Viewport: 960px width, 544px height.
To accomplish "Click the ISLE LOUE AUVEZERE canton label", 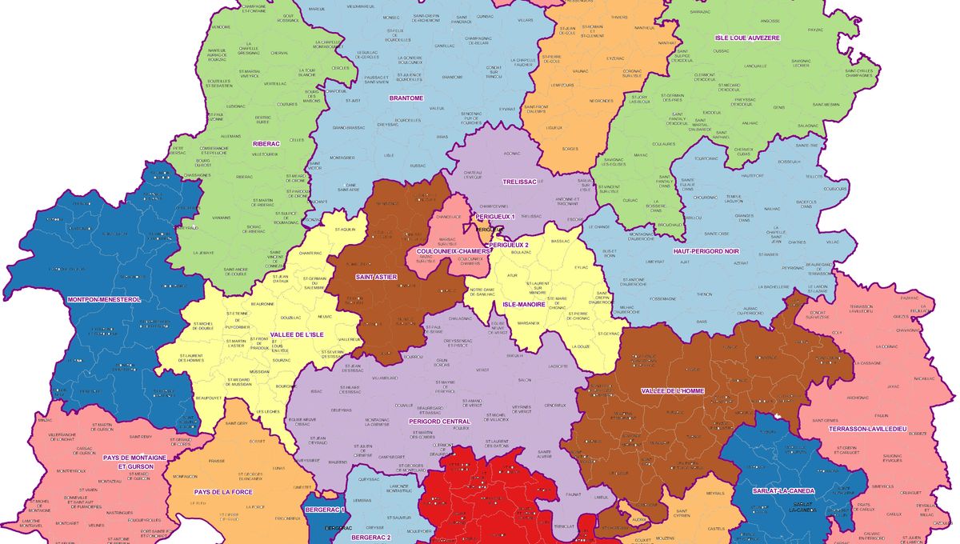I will coord(746,38).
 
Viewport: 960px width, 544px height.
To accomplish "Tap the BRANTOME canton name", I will coord(406,98).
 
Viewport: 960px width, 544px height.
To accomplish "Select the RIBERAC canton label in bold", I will coord(266,144).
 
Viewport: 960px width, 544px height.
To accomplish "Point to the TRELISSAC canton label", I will coord(518,182).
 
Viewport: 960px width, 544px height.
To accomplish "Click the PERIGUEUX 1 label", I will coord(495,217).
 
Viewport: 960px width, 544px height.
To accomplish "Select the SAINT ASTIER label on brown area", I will coord(376,277).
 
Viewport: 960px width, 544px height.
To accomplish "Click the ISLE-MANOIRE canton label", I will coord(524,304).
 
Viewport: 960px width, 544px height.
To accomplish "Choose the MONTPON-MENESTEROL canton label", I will coord(103,299).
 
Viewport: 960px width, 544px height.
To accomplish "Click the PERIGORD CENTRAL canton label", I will coord(439,422).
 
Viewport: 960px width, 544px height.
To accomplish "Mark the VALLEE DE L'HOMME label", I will coord(672,390).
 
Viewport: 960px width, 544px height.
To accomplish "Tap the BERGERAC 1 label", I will coord(324,510).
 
